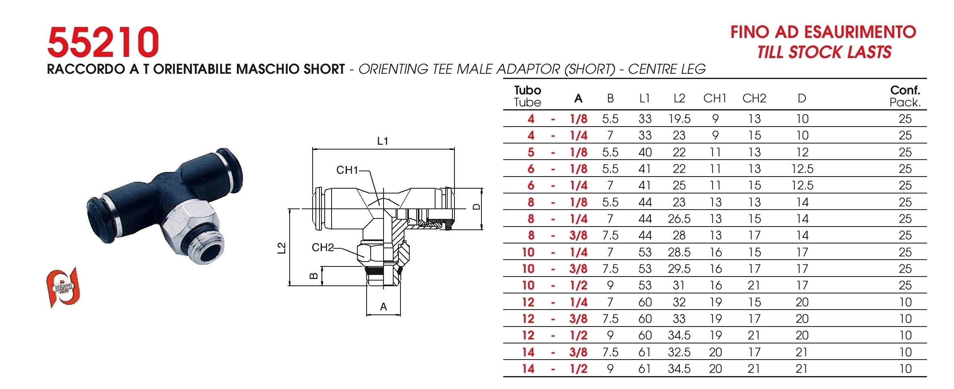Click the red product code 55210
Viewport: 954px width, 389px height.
pyautogui.click(x=103, y=42)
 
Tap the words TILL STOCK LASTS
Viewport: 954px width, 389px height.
pyautogui.click(x=824, y=52)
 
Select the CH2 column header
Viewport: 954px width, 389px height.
pyautogui.click(x=754, y=98)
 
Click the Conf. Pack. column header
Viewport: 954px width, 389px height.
pyautogui.click(x=905, y=96)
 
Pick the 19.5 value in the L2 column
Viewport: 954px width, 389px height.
pyautogui.click(x=679, y=119)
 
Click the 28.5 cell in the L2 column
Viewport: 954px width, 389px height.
pyautogui.click(x=679, y=252)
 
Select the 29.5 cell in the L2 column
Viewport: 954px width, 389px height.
pyautogui.click(x=679, y=269)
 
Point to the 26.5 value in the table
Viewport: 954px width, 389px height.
pyautogui.click(x=679, y=219)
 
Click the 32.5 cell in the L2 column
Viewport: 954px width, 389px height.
pyautogui.click(x=679, y=352)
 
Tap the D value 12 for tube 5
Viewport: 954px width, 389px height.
pyautogui.click(x=802, y=152)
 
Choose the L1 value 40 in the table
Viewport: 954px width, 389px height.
pyautogui.click(x=645, y=152)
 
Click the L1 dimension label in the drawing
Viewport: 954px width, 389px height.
pyautogui.click(x=382, y=141)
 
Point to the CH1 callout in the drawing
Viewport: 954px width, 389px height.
pyautogui.click(x=347, y=170)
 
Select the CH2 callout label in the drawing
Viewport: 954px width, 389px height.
pyautogui.click(x=323, y=248)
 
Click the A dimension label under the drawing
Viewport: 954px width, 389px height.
pyautogui.click(x=384, y=307)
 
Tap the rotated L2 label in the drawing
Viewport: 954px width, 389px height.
pyautogui.click(x=282, y=248)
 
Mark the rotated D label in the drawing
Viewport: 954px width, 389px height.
pyautogui.click(x=476, y=207)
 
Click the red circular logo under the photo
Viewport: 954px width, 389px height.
pyautogui.click(x=63, y=287)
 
